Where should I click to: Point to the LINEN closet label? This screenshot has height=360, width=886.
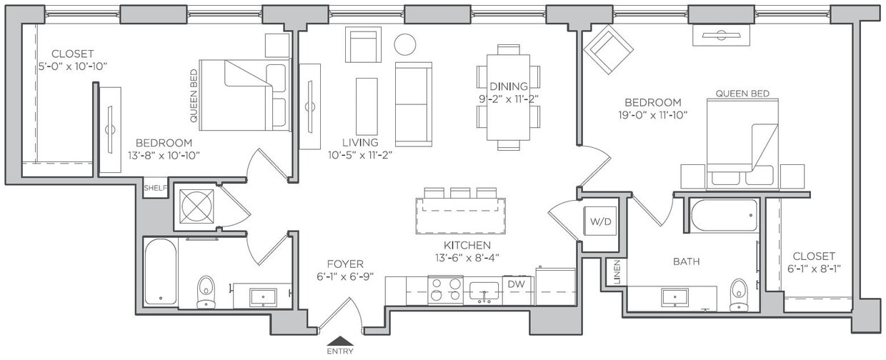pos(614,272)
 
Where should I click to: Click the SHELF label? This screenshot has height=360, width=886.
pos(155,189)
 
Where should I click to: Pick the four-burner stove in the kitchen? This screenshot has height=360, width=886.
pos(445,290)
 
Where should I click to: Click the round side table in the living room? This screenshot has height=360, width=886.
pos(405,44)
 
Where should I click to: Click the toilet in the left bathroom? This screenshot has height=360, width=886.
pos(206,291)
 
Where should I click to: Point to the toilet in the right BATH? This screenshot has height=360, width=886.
pos(739,294)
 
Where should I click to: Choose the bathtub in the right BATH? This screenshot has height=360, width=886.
pos(723,215)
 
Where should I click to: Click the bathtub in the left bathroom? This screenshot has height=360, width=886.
pos(160,271)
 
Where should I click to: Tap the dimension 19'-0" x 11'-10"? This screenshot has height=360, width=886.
pos(652,114)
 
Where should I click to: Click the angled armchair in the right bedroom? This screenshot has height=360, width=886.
pos(608,49)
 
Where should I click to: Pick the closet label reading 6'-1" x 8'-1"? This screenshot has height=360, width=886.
pos(813,269)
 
